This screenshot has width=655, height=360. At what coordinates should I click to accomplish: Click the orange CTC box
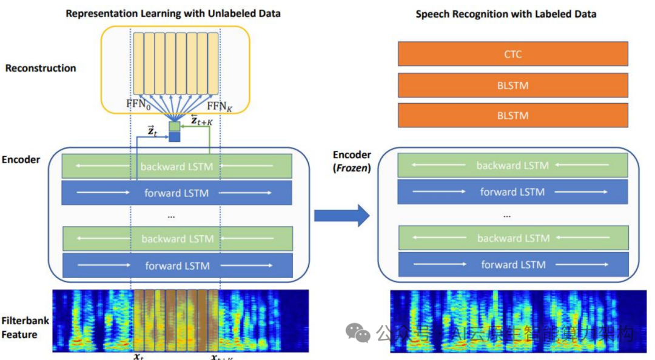point(512,55)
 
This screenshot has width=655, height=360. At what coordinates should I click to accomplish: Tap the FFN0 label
point(138,105)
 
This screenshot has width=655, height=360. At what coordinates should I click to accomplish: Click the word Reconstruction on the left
point(41,68)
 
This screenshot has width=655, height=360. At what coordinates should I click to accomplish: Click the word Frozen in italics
point(352,168)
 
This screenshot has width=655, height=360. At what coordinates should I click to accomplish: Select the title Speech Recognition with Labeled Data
point(506,14)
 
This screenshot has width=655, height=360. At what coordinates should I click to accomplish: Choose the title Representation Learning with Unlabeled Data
point(173,13)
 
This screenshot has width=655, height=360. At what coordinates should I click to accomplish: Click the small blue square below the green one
point(174,137)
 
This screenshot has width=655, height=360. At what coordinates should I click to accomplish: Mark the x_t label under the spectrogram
point(139,356)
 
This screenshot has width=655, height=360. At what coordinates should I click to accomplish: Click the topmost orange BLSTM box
point(512,85)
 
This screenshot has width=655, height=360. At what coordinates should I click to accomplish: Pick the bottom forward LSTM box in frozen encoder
point(512,265)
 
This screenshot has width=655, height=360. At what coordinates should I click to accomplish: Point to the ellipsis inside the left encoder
point(170,215)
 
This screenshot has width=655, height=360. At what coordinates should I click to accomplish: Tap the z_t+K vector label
point(202,120)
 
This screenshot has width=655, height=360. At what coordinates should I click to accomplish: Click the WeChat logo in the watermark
point(358,332)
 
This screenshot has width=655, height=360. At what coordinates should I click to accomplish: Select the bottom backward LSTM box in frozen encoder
point(512,238)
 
